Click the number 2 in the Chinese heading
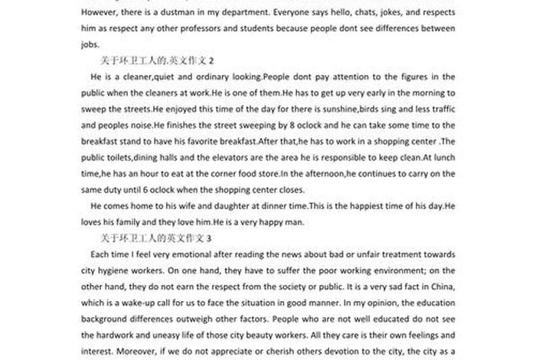211,60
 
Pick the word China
443,286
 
